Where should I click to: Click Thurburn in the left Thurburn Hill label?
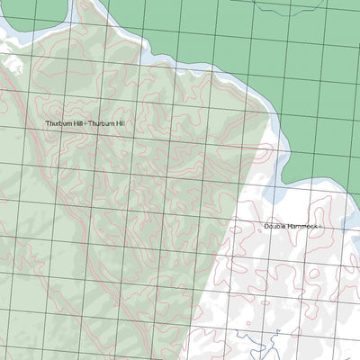point(60,123)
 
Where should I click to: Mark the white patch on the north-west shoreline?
point(13,63)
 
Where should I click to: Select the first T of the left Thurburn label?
point(49,123)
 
